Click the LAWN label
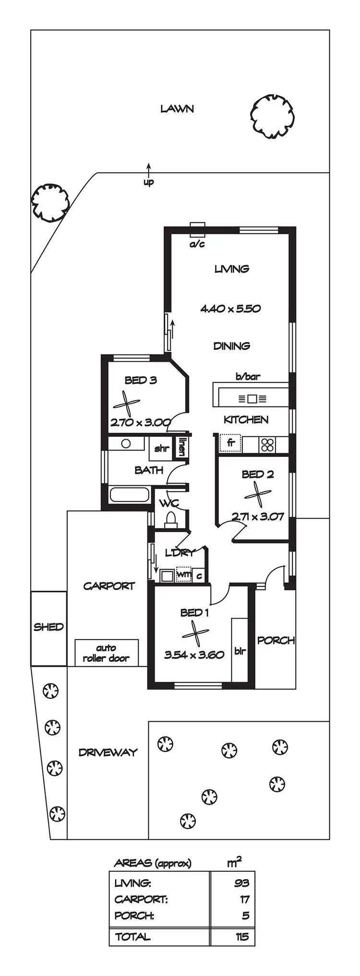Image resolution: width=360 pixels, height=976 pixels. [x=177, y=109]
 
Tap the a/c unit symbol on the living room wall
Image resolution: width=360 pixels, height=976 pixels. [x=197, y=230]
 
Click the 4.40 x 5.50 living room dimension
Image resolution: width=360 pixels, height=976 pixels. [x=230, y=309]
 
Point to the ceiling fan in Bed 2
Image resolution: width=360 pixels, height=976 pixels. [x=258, y=493]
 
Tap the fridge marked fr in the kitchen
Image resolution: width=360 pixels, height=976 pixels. [x=230, y=443]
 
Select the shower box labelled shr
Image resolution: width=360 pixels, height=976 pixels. [x=161, y=449]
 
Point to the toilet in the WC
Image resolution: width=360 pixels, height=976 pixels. [x=170, y=519]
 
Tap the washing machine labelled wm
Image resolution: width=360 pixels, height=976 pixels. [x=184, y=574]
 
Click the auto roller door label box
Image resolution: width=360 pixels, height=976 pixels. [x=106, y=653]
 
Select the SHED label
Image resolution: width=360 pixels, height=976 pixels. [x=48, y=627]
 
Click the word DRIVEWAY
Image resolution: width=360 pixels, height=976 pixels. [x=108, y=752]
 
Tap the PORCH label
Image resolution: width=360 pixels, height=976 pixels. [x=276, y=640]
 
